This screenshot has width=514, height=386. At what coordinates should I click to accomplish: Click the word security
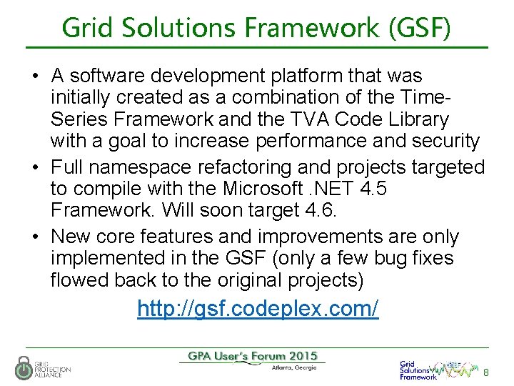tap(446, 142)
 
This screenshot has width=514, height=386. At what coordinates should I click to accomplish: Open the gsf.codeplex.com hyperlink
tap(258, 309)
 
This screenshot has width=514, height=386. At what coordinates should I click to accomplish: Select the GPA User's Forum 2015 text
tap(252, 356)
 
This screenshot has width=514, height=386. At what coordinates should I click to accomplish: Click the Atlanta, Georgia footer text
tap(294, 369)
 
